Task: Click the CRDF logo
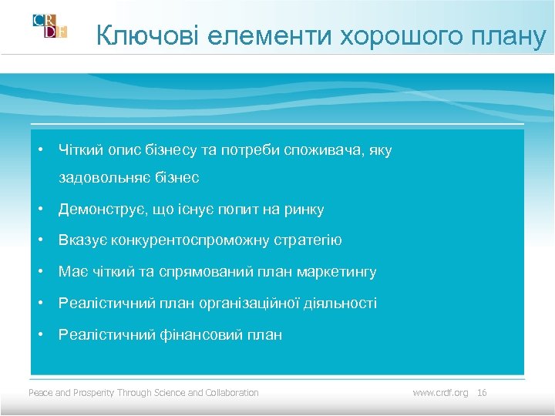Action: pyautogui.click(x=49, y=25)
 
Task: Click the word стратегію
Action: pyautogui.click(x=308, y=241)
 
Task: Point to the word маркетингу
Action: pyautogui.click(x=338, y=272)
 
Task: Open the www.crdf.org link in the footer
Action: pyautogui.click(x=440, y=393)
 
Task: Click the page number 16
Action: pyautogui.click(x=483, y=393)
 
